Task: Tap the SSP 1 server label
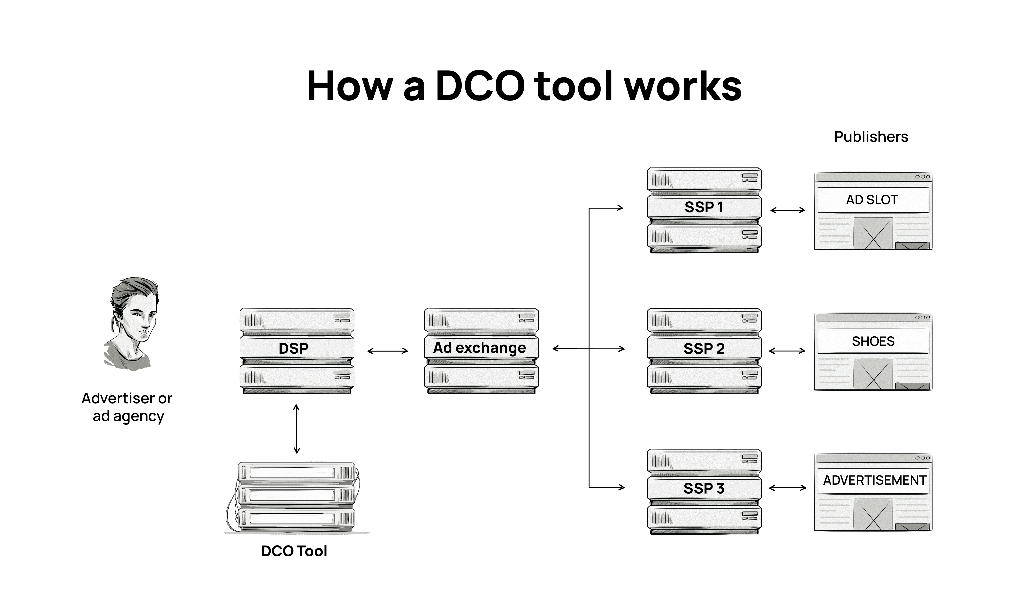point(704,207)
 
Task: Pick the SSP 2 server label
point(704,348)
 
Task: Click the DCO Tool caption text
point(294,551)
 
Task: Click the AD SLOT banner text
point(872,200)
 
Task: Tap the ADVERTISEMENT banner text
point(874,480)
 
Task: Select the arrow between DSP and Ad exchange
point(388,351)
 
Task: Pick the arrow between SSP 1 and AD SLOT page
point(788,210)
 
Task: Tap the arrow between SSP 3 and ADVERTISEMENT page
point(788,488)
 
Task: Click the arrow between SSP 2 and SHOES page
point(787,351)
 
